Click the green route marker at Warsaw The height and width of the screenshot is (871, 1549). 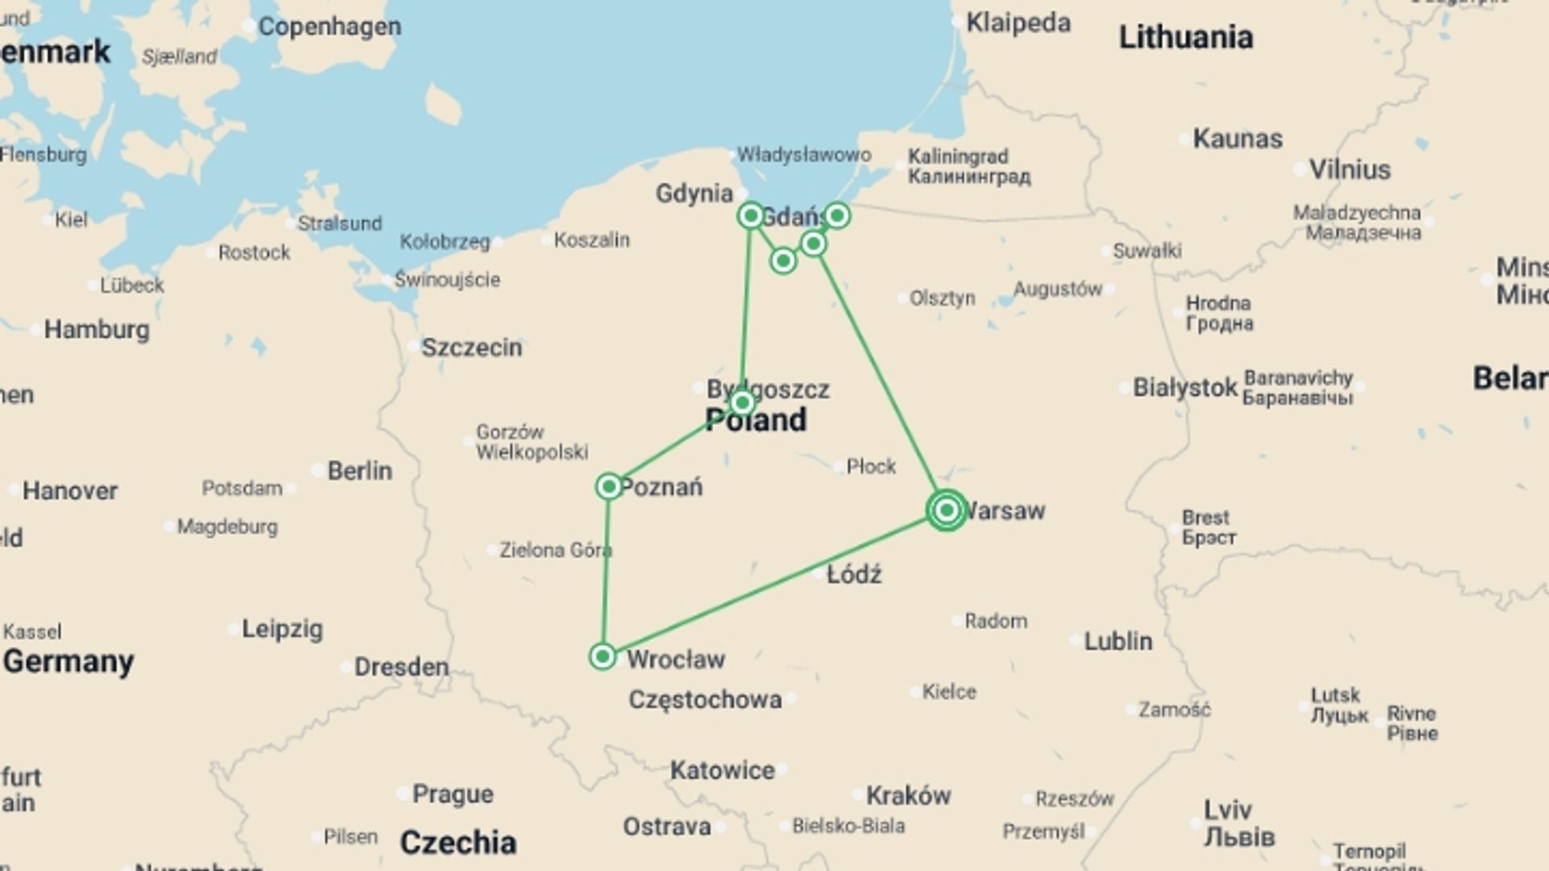coord(947,510)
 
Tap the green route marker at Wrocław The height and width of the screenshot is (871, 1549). coord(603,656)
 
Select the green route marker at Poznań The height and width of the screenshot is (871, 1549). coord(609,486)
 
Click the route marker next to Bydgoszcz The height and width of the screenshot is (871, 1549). coord(742,402)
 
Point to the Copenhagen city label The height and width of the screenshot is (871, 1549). coord(329,27)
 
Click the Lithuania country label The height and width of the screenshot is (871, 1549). coord(1185,37)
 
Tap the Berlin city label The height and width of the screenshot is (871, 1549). coord(360,471)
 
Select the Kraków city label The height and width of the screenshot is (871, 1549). coord(908,796)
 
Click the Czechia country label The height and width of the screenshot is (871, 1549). coord(458,843)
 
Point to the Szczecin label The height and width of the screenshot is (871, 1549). coord(472,348)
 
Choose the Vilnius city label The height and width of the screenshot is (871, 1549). coord(1350,170)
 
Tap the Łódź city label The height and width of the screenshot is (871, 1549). coord(854,575)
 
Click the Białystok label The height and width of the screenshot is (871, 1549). coord(1185,388)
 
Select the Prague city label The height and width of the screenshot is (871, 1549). coord(453,794)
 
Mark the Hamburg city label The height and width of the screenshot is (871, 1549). coord(97,330)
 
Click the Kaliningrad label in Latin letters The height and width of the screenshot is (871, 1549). coord(958,156)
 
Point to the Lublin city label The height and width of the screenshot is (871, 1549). coord(1118,642)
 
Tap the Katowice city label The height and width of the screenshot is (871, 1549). coord(722,771)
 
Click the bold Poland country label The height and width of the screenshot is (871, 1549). coord(756,421)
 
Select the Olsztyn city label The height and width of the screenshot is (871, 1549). coord(942,298)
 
